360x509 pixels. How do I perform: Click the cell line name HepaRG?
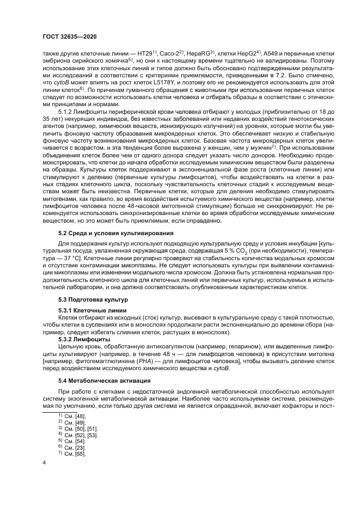[x=202, y=53]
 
